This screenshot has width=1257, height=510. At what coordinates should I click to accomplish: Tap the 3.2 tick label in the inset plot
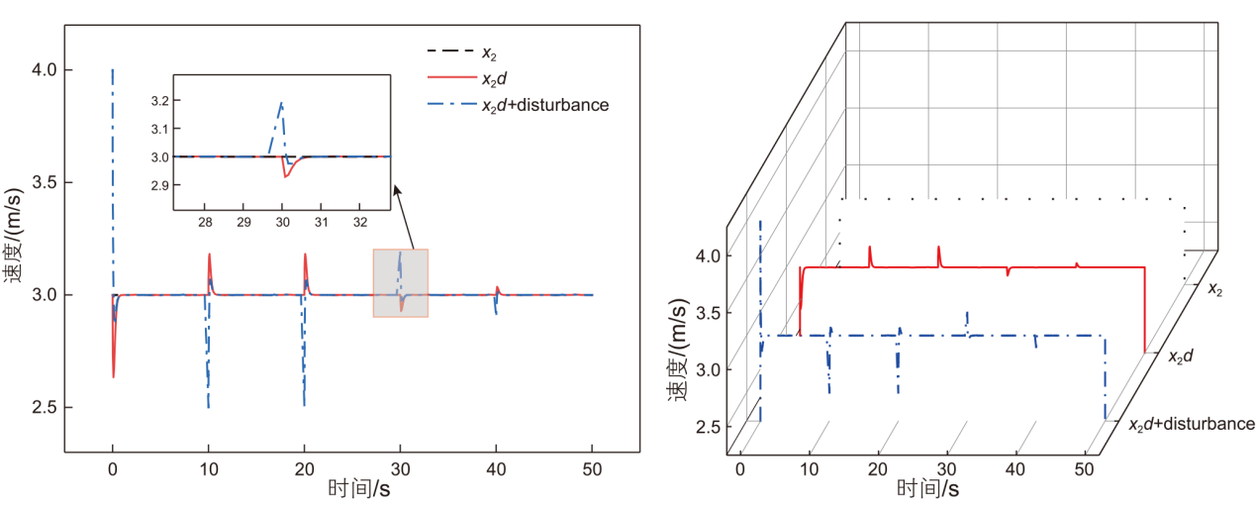(x=160, y=101)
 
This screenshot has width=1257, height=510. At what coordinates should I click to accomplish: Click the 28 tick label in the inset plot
(x=206, y=223)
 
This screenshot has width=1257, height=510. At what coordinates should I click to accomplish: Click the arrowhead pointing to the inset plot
(x=396, y=191)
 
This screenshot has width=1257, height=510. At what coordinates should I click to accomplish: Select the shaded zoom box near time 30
(x=400, y=282)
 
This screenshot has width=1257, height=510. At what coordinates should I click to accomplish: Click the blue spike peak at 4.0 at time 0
(x=113, y=70)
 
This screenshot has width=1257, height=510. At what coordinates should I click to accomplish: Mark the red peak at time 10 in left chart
(x=209, y=255)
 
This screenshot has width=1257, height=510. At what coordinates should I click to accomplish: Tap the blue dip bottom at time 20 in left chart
(x=304, y=405)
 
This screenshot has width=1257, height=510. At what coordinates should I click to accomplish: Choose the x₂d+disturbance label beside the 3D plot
(x=1192, y=424)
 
